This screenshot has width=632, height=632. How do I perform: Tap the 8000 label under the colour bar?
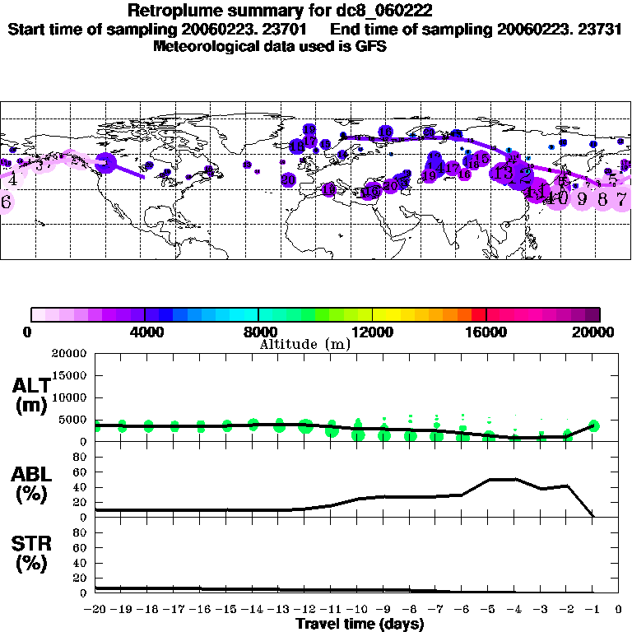pos(258,332)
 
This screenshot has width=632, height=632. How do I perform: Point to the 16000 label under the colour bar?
pos(487,332)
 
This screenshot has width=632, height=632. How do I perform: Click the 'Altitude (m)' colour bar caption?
pos(304,344)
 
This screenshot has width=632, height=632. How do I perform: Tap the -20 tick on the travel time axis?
pos(95,610)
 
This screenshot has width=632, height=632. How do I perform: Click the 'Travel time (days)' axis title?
pos(360,625)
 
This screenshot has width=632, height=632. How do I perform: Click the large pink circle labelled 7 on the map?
pos(623,198)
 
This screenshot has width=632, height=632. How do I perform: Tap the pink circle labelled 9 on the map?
pos(582,198)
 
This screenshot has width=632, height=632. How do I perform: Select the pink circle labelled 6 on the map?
pos(6,202)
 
